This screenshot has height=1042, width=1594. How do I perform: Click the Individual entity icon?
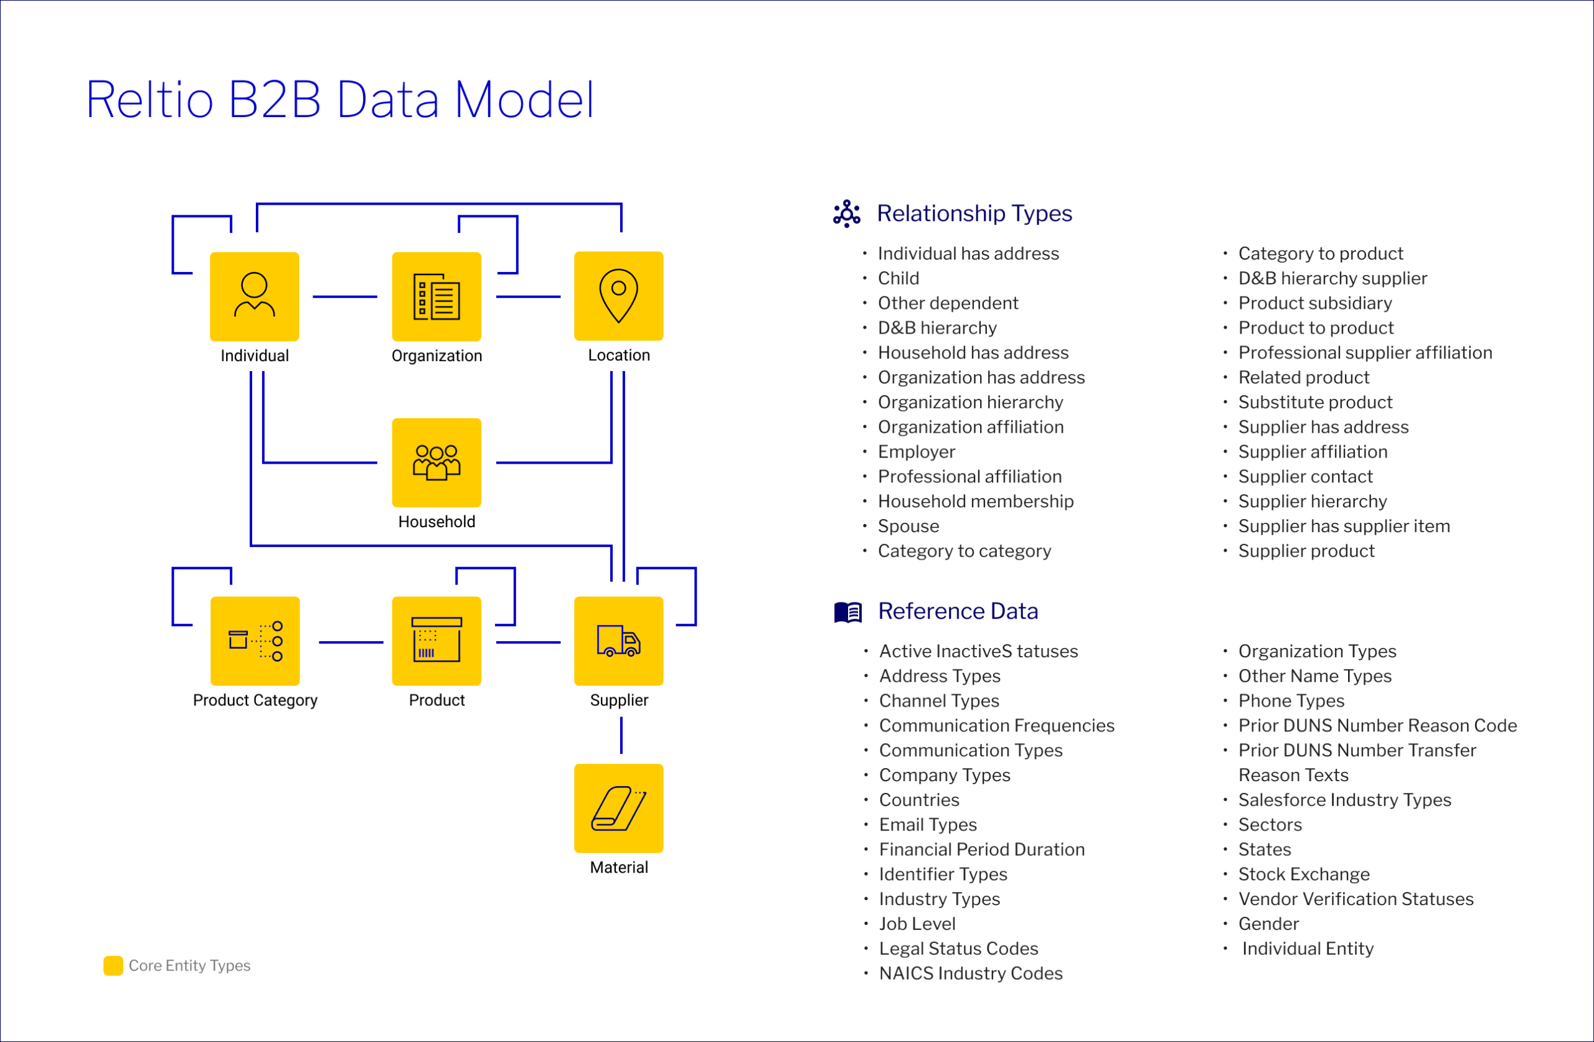point(255,296)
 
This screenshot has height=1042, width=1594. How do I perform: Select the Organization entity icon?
point(436,296)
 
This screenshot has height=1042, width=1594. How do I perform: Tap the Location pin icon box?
point(619,296)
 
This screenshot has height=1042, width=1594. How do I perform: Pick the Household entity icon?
point(436,462)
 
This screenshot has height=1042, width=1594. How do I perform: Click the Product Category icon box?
point(255,641)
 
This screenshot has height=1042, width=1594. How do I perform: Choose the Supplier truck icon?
point(619,641)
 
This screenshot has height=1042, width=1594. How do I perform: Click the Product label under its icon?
point(436,700)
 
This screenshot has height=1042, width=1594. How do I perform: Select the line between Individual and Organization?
point(345,297)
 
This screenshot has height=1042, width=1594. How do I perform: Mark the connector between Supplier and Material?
point(621,735)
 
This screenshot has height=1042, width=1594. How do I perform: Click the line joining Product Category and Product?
point(351,642)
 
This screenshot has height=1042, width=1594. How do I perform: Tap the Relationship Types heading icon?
point(847,214)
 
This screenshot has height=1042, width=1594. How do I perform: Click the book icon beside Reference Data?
point(848,612)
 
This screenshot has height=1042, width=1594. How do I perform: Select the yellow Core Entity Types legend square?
point(113,965)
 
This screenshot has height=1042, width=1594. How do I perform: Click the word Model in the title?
point(524,100)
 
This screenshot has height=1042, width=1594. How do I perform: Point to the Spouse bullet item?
point(908,527)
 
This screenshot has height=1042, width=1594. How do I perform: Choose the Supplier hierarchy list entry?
point(1312,502)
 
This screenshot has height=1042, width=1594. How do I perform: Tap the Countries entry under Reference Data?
point(919,800)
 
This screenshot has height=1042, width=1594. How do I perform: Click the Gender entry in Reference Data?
point(1268,924)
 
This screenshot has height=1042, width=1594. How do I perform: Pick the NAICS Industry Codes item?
point(971,974)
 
